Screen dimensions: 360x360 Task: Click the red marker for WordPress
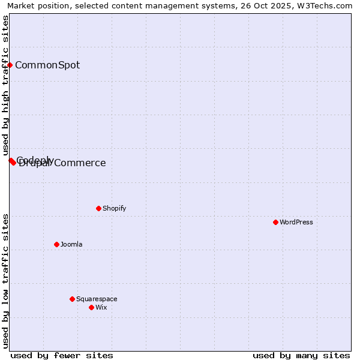click(275, 222)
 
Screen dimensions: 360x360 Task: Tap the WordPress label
click(296, 222)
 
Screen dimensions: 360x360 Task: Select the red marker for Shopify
click(98, 208)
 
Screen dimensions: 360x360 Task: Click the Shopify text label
click(114, 208)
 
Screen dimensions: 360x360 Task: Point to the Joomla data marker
click(56, 244)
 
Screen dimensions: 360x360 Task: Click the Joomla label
click(71, 244)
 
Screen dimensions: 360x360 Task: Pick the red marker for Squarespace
click(72, 299)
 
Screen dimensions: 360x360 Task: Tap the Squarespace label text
click(97, 299)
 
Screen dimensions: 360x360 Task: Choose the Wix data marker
click(91, 307)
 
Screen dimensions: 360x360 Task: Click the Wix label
click(101, 307)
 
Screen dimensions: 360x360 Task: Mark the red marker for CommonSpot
click(10, 65)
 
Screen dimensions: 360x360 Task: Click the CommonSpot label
click(47, 65)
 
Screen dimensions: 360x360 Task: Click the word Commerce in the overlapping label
click(80, 163)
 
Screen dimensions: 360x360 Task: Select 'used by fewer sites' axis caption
click(62, 355)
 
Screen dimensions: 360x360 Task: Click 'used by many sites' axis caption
click(301, 355)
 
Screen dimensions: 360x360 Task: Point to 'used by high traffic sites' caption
click(5, 86)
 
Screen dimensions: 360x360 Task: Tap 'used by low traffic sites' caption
click(5, 281)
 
